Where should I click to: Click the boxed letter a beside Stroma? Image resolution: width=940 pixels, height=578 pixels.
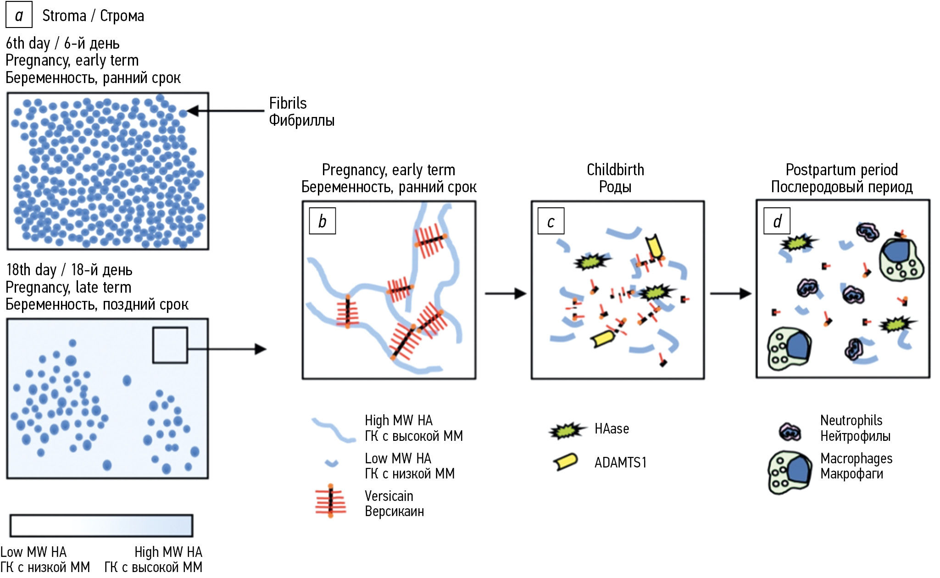click(x=19, y=15)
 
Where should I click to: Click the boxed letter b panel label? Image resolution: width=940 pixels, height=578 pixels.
click(x=322, y=221)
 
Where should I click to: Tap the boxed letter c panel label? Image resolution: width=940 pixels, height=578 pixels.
click(x=551, y=221)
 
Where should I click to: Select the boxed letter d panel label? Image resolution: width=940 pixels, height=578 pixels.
click(x=777, y=221)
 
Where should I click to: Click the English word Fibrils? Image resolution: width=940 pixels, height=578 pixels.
click(x=288, y=103)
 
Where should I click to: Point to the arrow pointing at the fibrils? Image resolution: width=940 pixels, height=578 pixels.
click(x=225, y=111)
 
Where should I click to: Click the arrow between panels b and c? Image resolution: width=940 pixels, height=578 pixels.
click(x=505, y=294)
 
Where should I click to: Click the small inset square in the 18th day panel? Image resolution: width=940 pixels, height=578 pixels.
click(x=170, y=345)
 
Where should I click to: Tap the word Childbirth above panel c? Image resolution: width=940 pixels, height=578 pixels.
click(x=615, y=170)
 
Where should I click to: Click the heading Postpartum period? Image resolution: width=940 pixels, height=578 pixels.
click(x=841, y=170)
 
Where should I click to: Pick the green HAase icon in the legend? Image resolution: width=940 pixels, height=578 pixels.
click(x=567, y=430)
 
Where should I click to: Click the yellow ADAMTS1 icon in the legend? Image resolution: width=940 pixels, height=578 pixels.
click(x=566, y=462)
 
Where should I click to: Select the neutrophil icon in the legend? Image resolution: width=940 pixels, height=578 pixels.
click(x=790, y=432)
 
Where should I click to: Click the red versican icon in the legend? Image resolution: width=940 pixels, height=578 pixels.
click(x=330, y=501)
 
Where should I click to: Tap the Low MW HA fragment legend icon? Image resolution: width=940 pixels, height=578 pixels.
click(x=331, y=463)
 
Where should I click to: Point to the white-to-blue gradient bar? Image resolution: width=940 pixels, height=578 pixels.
click(x=101, y=525)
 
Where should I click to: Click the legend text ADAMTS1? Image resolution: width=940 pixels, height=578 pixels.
click(x=620, y=462)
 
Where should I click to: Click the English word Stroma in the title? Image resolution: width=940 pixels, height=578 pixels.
click(x=64, y=16)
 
